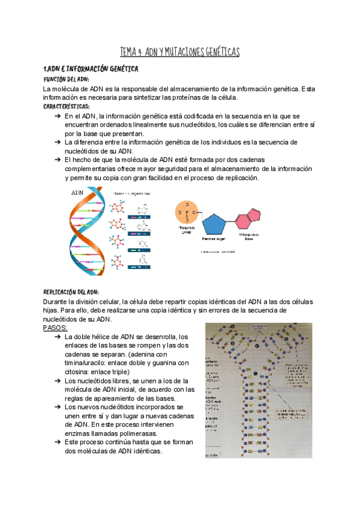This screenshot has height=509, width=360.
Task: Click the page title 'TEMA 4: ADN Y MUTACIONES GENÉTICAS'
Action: tap(180, 53)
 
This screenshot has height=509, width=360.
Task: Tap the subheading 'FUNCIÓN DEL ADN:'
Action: tap(67, 79)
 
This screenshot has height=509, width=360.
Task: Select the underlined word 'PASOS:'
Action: tap(56, 328)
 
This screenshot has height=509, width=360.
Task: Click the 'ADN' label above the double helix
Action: tap(77, 193)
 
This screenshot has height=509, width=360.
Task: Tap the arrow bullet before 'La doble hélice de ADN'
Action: tap(57, 337)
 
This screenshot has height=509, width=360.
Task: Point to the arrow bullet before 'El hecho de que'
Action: tap(57, 160)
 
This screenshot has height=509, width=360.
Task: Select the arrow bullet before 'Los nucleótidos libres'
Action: tap(57, 381)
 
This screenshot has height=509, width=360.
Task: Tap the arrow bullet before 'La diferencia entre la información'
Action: tap(57, 142)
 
